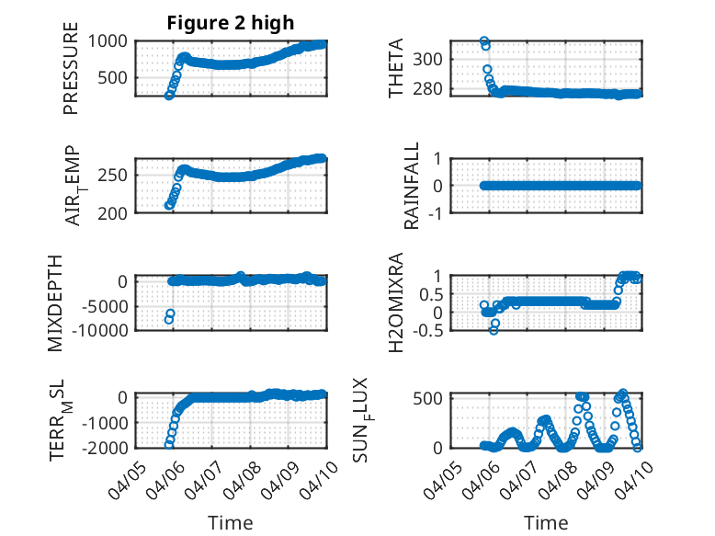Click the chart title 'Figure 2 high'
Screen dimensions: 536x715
pos(230,23)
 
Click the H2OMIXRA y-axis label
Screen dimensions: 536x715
pos(396,301)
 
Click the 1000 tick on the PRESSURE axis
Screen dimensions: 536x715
pos(111,41)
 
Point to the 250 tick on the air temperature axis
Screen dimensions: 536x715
pos(117,175)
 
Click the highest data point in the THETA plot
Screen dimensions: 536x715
pos(484,41)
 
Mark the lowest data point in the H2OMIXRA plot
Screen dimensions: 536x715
pos(494,329)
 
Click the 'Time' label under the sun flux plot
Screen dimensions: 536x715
pos(546,522)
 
